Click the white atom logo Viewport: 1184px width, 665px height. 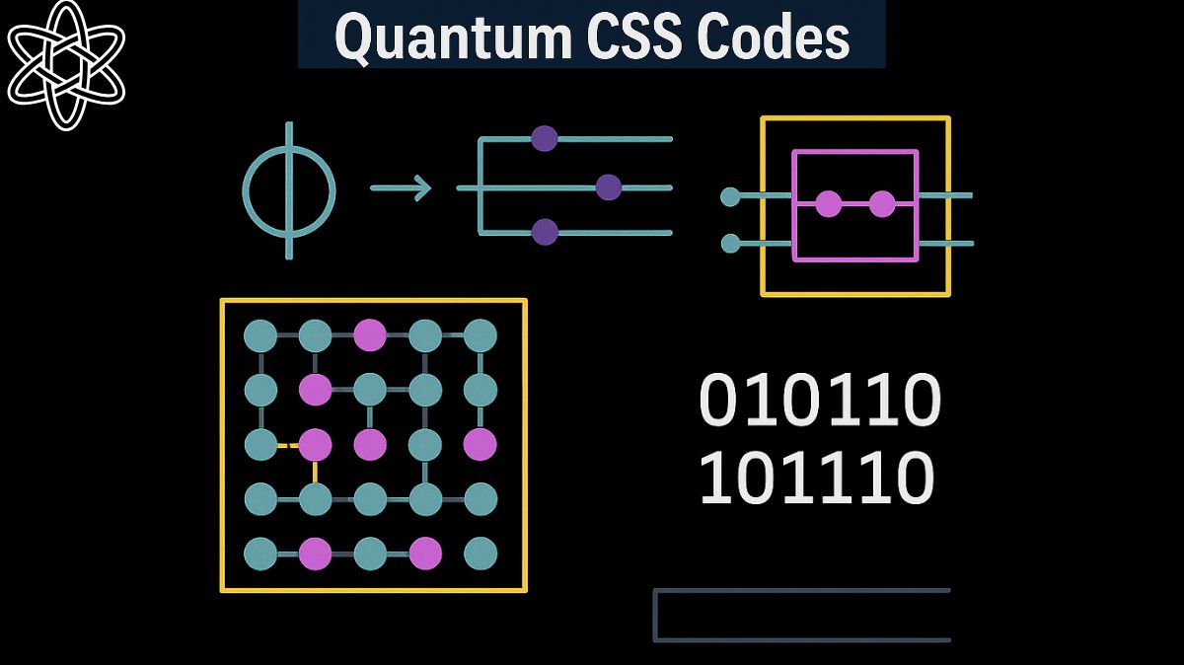(66, 65)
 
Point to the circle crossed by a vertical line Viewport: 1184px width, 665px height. (289, 190)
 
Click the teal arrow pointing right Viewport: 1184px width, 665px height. (401, 187)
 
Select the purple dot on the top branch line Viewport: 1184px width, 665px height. (545, 138)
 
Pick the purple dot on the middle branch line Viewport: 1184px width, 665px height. (609, 186)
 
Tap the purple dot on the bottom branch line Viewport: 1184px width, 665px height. (545, 232)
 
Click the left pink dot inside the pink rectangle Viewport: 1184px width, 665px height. (829, 204)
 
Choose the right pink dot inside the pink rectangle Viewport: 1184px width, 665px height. (882, 204)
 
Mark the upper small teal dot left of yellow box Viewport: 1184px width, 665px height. (730, 197)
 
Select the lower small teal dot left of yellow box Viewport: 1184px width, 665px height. (730, 243)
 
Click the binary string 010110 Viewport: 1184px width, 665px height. (819, 401)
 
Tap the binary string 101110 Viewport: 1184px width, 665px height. (816, 478)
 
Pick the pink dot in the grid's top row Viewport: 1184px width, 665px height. (370, 335)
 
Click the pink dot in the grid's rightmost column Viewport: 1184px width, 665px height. (480, 444)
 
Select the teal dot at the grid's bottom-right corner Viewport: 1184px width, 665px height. (480, 554)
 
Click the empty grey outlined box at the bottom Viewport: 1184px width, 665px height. (801, 616)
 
